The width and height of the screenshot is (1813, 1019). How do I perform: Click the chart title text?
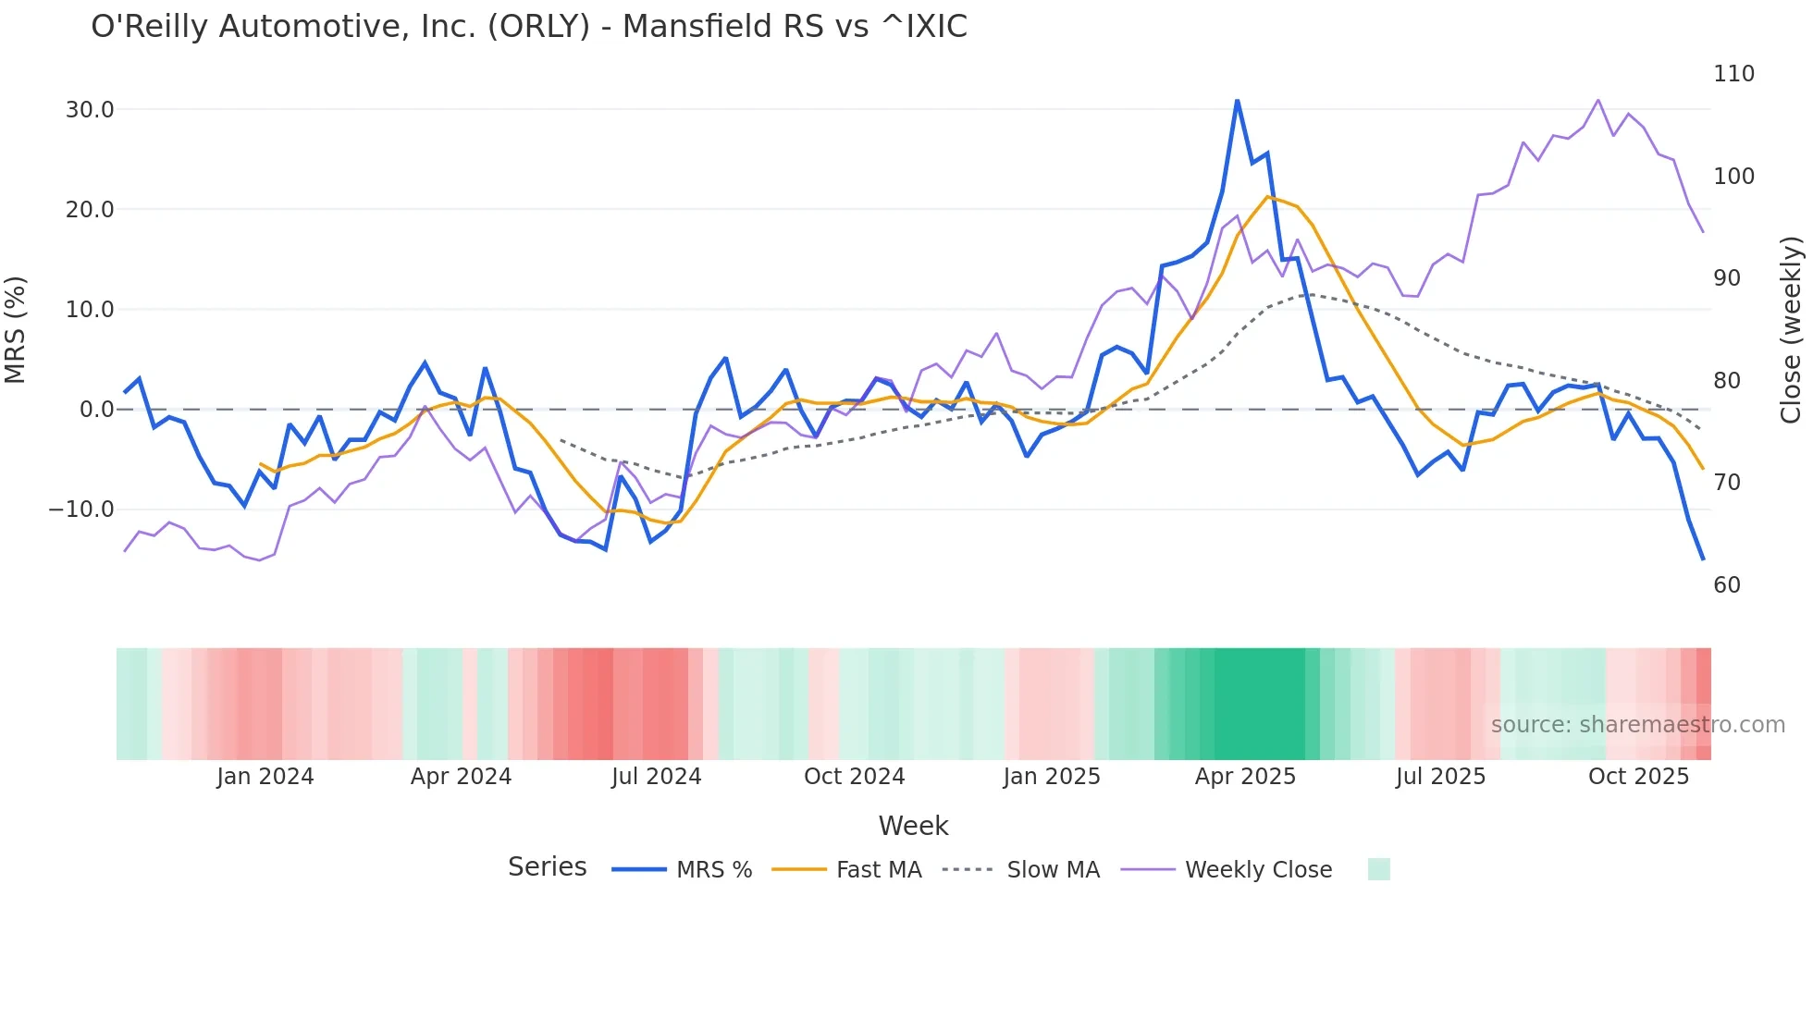(x=529, y=27)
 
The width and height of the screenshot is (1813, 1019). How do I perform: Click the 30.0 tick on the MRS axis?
(x=90, y=110)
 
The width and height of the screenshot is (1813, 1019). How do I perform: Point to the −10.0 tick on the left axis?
(x=81, y=509)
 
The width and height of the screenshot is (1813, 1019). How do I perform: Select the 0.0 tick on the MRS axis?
(x=96, y=410)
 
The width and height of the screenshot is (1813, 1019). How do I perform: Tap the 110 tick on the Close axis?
(x=1733, y=74)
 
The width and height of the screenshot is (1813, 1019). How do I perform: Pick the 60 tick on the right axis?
(x=1727, y=585)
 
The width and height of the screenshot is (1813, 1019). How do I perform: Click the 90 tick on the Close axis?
(x=1727, y=278)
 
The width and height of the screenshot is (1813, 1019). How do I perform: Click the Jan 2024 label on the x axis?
(x=265, y=777)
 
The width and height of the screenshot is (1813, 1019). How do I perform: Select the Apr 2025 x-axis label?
(x=1245, y=777)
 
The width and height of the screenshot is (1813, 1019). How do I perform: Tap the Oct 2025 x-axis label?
(x=1638, y=777)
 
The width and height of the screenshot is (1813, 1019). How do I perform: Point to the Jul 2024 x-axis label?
(x=657, y=777)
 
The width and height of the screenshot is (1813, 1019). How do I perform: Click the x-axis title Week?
(x=913, y=826)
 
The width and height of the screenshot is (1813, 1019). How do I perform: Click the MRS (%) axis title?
(x=16, y=330)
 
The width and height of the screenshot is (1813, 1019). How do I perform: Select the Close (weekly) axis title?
(x=1791, y=330)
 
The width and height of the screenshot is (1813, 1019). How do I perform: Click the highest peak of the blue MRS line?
(x=1237, y=101)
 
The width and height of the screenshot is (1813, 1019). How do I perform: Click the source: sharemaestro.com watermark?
(x=1637, y=725)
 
